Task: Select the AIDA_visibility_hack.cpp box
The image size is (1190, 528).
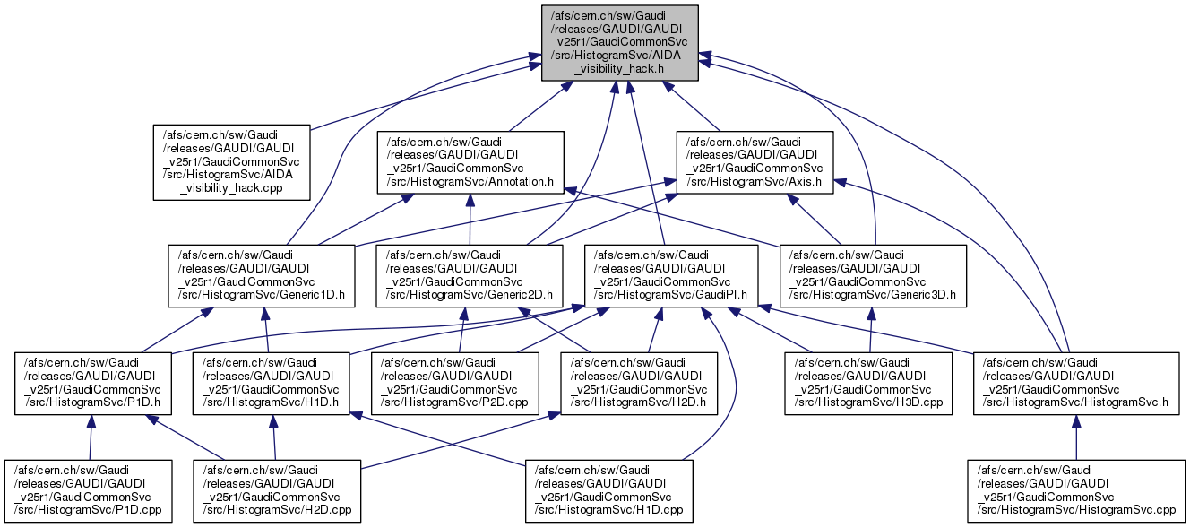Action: click(232, 161)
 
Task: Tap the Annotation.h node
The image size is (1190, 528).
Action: click(470, 161)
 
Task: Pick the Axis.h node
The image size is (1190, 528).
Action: click(754, 161)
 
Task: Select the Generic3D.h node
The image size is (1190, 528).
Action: click(874, 275)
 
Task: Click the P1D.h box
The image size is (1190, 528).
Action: click(93, 383)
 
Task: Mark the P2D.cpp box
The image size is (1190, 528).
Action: click(456, 383)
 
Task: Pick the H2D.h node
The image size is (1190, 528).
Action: click(638, 383)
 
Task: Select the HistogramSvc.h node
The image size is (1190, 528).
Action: click(1075, 383)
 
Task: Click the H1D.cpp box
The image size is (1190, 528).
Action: click(609, 490)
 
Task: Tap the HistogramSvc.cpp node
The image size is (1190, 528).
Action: click(1075, 490)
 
